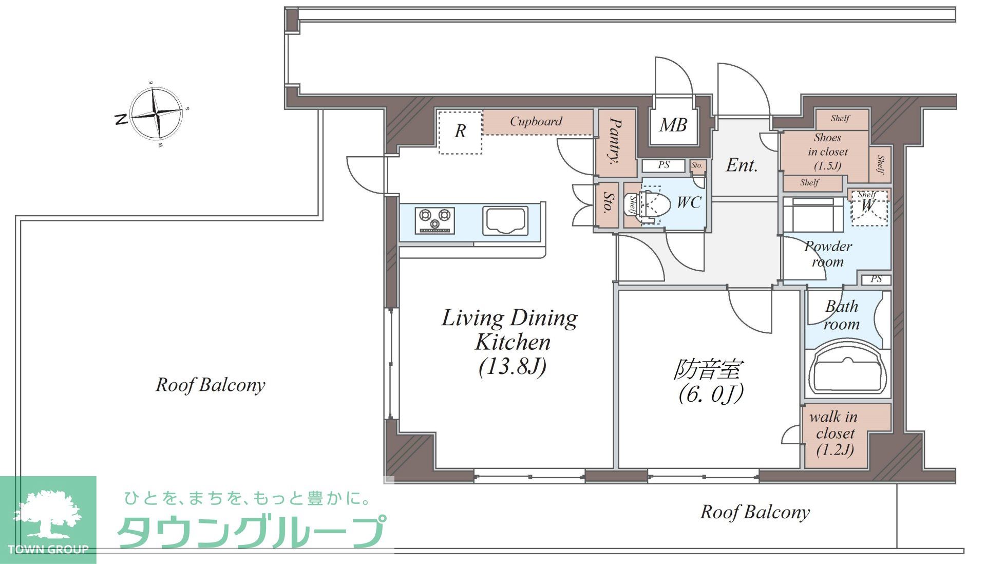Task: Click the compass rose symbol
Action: (x=156, y=114)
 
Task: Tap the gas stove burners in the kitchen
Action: (x=435, y=221)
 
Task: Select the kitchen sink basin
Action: (x=505, y=221)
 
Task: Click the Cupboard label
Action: (x=536, y=122)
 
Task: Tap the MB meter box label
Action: (x=673, y=125)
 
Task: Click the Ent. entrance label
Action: (x=742, y=165)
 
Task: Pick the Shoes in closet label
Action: (x=827, y=152)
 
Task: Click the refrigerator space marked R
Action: (x=460, y=131)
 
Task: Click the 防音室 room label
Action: (x=709, y=370)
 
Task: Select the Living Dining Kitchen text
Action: (x=510, y=330)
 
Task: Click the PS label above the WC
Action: (x=663, y=165)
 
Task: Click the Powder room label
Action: (x=828, y=254)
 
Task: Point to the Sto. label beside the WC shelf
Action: (x=608, y=203)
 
